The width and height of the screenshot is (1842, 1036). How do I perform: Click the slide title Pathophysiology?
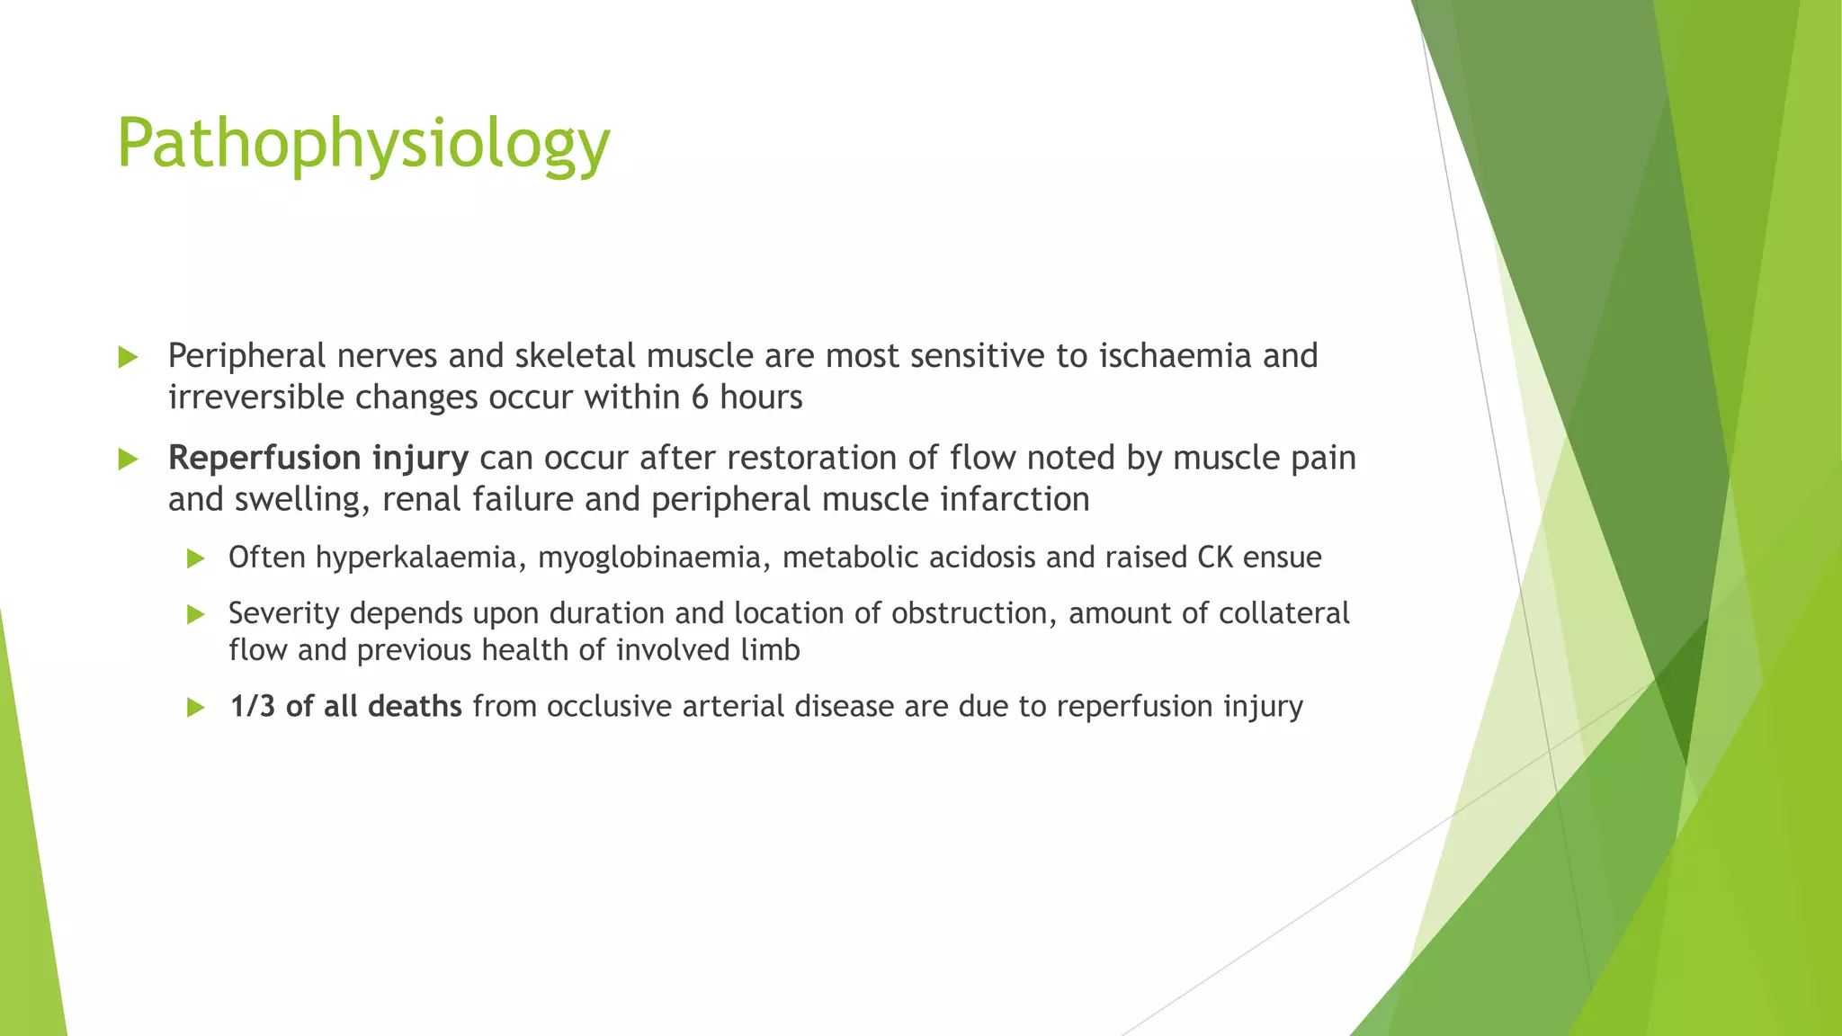point(363,144)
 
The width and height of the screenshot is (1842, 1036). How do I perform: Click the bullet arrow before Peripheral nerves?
point(128,358)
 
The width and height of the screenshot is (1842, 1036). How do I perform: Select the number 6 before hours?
point(700,397)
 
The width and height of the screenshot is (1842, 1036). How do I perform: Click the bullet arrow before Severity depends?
point(195,615)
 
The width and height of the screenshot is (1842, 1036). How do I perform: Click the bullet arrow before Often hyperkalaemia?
point(195,559)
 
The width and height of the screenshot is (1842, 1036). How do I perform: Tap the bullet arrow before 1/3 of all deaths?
point(195,708)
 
